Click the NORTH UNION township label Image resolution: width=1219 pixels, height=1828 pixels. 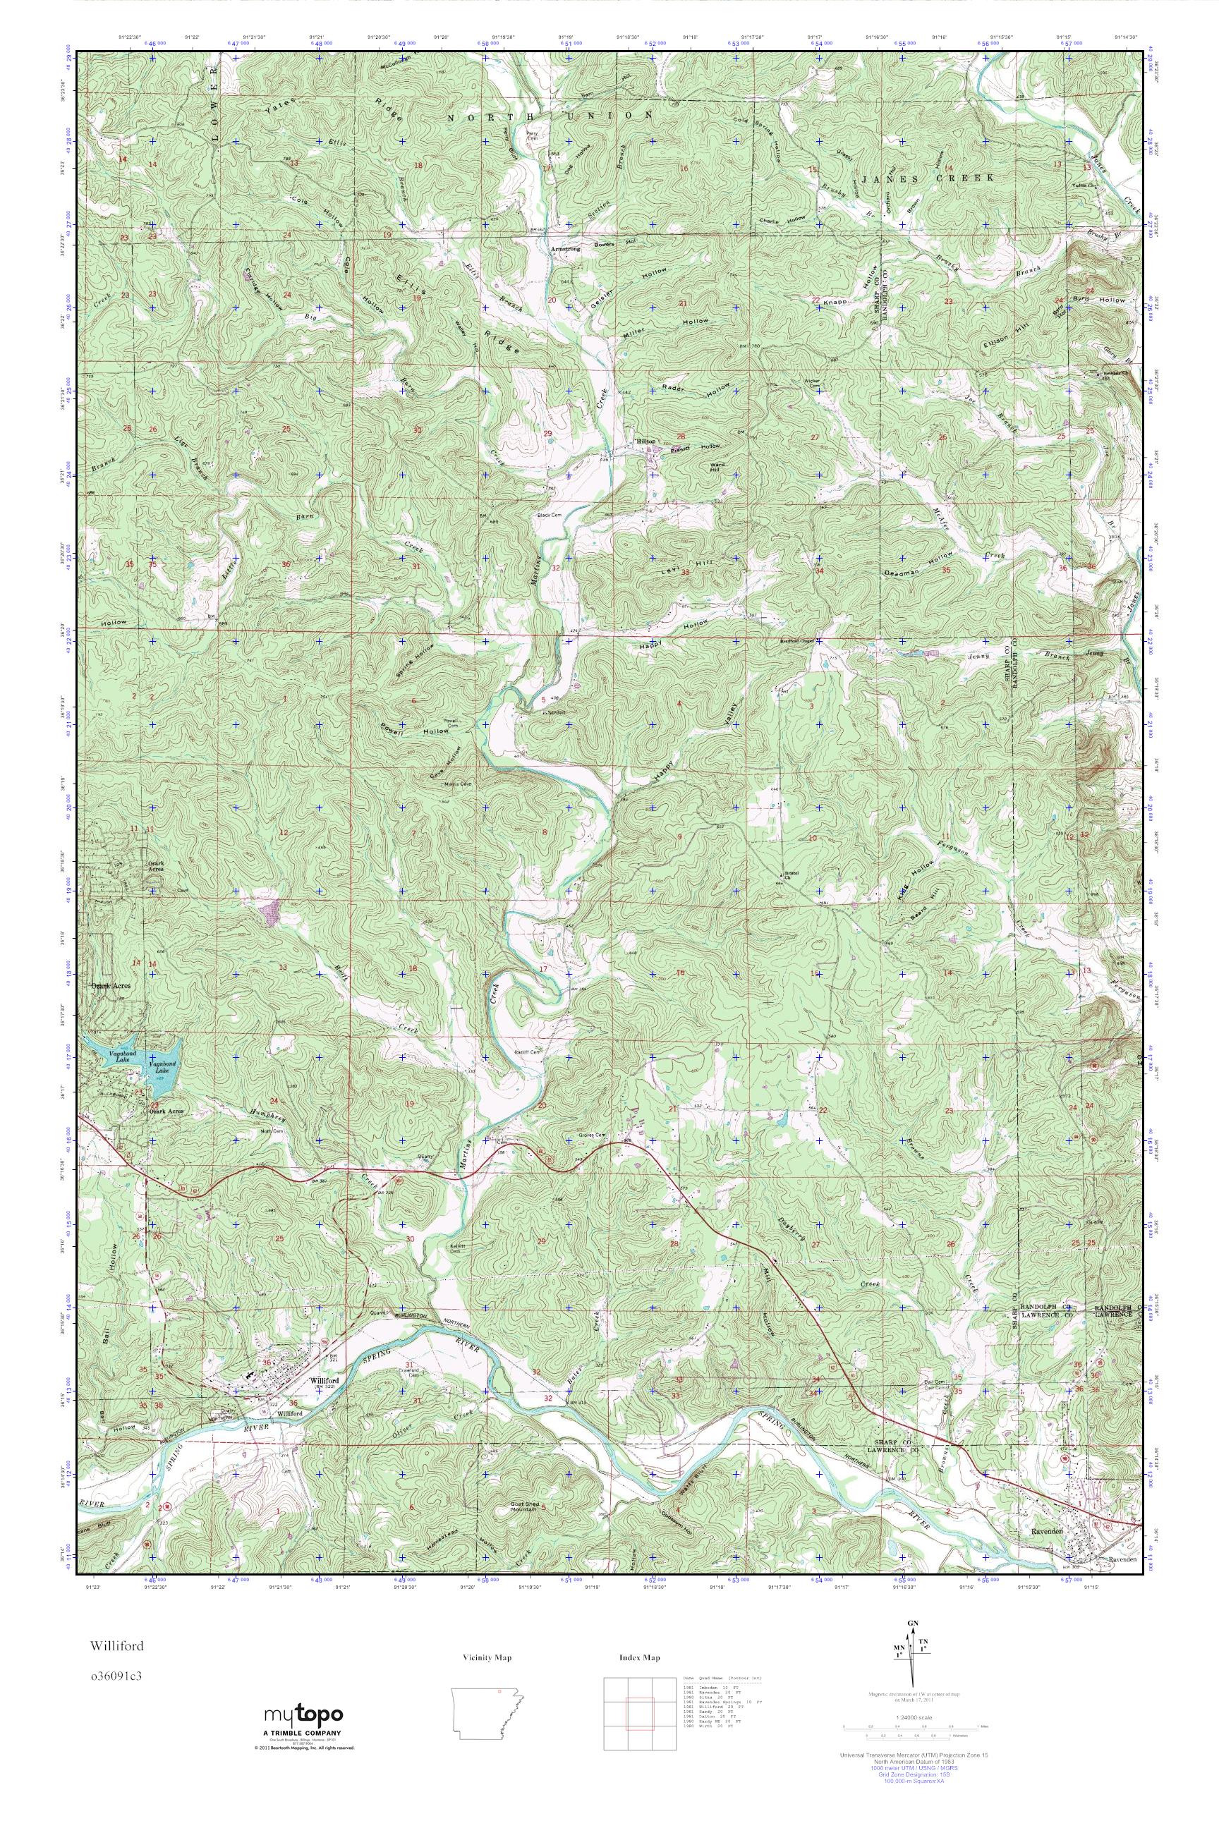click(x=549, y=116)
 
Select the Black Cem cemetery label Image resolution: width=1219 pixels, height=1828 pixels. click(x=548, y=516)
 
